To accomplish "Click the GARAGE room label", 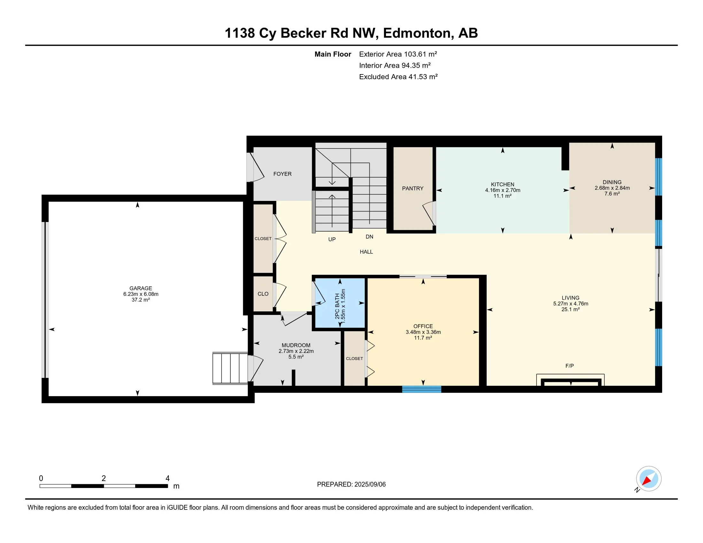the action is point(141,288).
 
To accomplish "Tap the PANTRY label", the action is point(413,188).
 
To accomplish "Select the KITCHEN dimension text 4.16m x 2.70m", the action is point(502,190).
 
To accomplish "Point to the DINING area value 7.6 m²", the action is point(612,194).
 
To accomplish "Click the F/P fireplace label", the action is point(569,366).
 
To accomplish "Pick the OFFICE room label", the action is point(423,326).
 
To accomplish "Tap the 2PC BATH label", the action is point(337,306).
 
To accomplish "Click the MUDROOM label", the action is point(296,345).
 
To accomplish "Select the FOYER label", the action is point(282,174).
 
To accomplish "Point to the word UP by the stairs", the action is point(332,239).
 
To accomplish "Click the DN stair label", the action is point(369,237).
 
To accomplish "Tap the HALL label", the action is point(366,252).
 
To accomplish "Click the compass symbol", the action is point(649,479).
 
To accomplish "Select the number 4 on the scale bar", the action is point(167,478).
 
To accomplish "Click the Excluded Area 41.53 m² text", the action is point(398,77).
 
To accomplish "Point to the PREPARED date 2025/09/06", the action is point(370,485).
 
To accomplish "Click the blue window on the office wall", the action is point(422,389).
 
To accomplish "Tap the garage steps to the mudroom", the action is point(230,369).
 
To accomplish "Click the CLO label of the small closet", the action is point(263,294).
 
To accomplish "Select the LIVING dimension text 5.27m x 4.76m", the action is point(571,304).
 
